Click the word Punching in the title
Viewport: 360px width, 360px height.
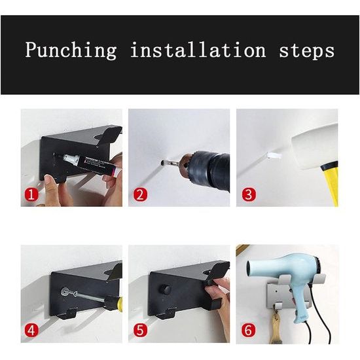coord(71,50)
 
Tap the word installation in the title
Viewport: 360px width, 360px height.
coord(198,50)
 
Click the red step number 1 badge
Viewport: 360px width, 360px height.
coord(31,194)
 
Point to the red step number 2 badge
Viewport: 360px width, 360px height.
coord(140,194)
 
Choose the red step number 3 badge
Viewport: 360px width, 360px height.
coord(249,194)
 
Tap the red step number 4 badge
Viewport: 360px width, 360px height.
coord(31,330)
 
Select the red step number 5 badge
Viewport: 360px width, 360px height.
coord(140,330)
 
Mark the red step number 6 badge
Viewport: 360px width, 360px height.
coord(249,330)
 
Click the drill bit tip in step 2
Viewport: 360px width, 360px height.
coord(162,163)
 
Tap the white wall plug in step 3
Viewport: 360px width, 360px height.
coord(274,155)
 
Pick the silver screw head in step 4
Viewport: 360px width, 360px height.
coord(65,292)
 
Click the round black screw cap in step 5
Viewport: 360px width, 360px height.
coord(166,290)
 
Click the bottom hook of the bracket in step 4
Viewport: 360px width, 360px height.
coord(68,315)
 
